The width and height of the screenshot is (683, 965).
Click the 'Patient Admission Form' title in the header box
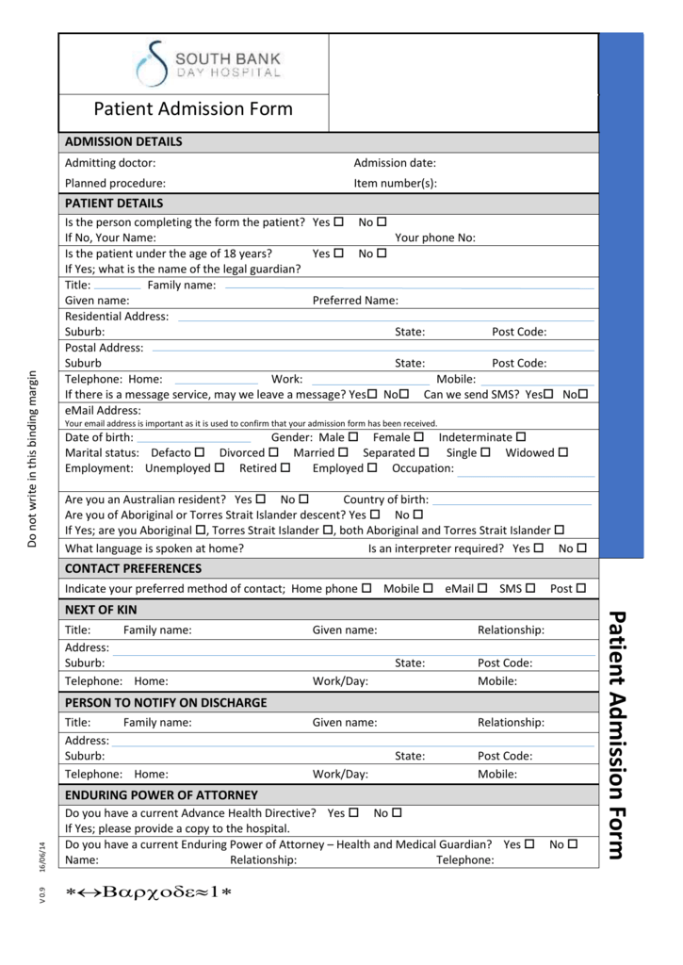[193, 108]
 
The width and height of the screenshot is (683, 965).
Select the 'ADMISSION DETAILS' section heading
[123, 142]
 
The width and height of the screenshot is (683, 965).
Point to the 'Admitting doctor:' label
[110, 163]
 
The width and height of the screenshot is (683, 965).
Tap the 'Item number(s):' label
[395, 183]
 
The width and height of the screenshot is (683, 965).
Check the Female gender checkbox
[419, 436]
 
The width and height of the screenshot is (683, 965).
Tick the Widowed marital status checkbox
[563, 451]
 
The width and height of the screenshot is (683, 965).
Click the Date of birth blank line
[194, 439]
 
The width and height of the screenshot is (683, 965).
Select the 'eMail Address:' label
[103, 410]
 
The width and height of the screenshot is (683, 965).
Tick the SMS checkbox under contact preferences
[530, 588]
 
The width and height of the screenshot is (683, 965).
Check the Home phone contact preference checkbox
[366, 588]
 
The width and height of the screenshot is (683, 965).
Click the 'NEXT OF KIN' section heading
[101, 610]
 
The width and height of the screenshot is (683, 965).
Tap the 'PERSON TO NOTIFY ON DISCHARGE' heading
[166, 702]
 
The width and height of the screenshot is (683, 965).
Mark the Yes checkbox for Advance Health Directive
[354, 812]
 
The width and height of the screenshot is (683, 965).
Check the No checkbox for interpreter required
[581, 548]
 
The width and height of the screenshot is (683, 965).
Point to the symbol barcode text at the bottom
[148, 894]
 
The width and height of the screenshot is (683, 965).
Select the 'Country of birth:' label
[385, 499]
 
